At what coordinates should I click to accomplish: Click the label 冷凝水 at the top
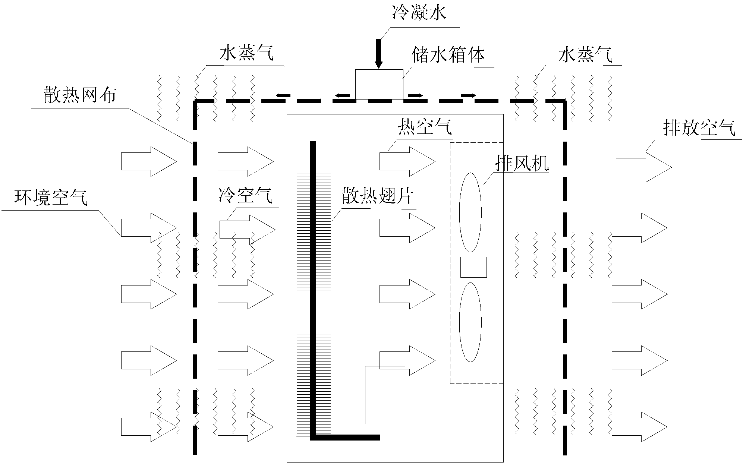(419, 13)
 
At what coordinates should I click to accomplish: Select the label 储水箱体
(448, 55)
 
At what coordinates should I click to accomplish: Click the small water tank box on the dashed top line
(379, 84)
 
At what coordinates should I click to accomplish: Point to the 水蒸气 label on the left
(246, 54)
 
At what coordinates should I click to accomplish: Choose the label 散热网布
(80, 96)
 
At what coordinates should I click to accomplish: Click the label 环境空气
(51, 198)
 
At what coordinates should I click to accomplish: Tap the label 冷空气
(245, 195)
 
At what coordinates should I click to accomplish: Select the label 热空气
(425, 127)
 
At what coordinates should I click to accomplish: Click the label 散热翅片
(377, 196)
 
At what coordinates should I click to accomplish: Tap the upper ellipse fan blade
(470, 212)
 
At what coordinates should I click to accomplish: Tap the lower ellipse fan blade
(470, 322)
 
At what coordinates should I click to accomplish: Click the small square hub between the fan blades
(473, 267)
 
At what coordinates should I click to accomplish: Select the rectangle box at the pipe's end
(385, 395)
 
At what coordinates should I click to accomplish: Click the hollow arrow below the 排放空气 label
(643, 167)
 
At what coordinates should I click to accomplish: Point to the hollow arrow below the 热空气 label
(407, 161)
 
